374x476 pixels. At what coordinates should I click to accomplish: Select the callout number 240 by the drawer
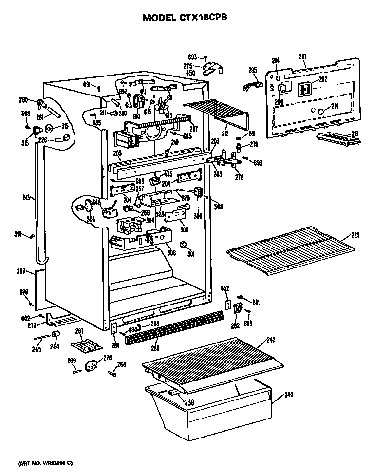click(289, 396)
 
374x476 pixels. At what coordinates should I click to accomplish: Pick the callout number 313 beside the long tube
click(26, 198)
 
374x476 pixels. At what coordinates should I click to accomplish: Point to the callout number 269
click(71, 361)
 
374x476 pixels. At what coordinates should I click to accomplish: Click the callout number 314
click(18, 236)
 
